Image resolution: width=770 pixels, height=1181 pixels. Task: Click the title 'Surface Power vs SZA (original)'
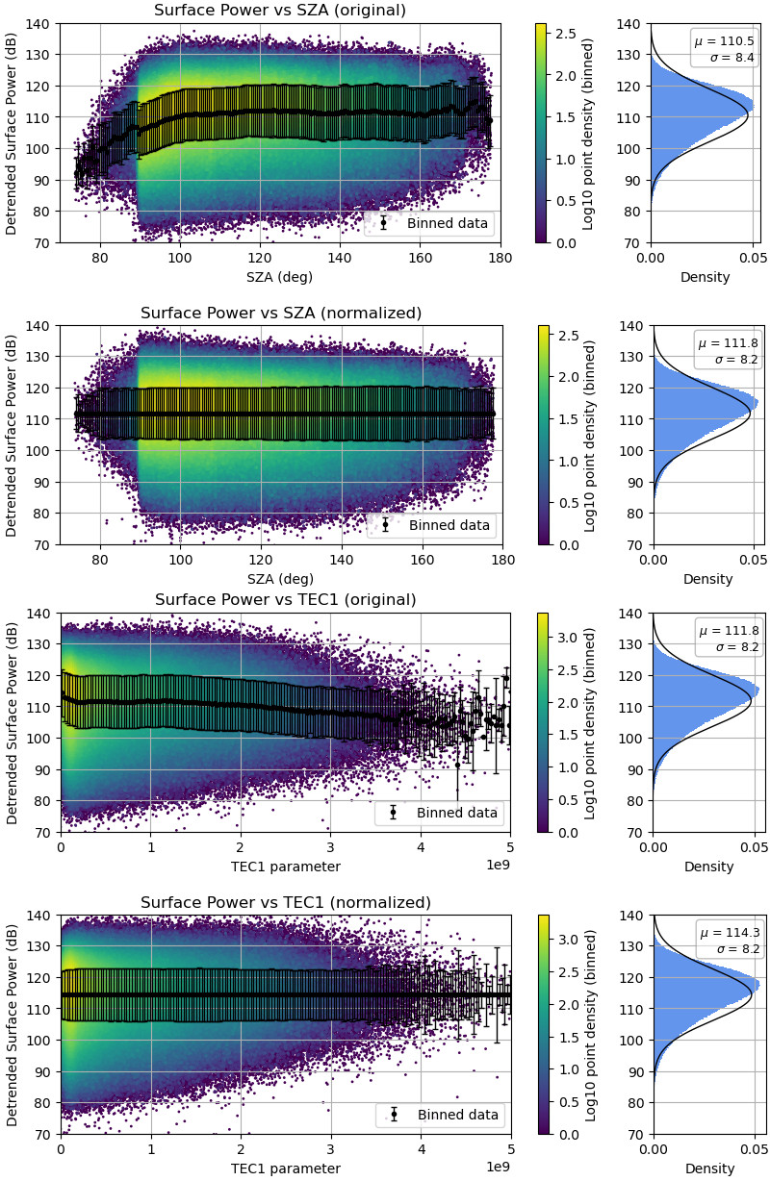[280, 11]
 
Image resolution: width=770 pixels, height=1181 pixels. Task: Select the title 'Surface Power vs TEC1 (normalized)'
[286, 902]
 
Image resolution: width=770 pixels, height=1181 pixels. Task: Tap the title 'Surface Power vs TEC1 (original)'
[286, 600]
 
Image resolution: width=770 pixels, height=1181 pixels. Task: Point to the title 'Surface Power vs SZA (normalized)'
[282, 313]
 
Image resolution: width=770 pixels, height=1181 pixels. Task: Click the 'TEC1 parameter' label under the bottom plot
[286, 1168]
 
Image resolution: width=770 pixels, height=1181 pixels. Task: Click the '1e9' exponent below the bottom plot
[498, 1166]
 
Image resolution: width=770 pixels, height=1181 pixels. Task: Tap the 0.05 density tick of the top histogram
[753, 258]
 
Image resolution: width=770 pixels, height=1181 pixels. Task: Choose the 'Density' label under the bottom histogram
[709, 1168]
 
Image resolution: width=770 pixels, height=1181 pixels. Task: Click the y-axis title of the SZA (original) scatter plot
[12, 133]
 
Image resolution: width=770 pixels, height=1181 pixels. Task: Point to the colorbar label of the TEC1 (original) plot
[590, 722]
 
